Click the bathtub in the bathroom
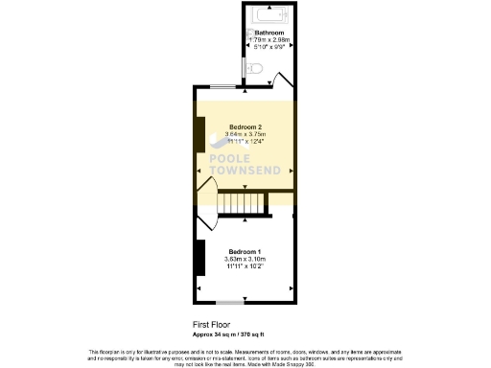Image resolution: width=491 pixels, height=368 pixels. pos(269,16)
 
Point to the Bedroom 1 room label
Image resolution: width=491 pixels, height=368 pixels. pos(245,250)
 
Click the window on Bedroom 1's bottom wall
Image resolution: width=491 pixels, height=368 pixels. pos(230,302)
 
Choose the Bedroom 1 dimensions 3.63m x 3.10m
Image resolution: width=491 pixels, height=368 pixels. pos(245,259)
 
